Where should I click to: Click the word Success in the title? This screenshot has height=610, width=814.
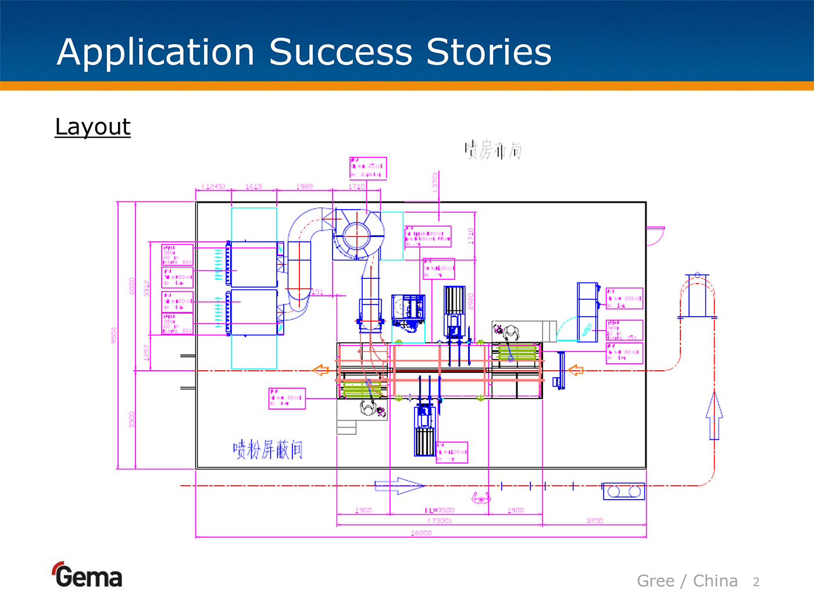point(341,52)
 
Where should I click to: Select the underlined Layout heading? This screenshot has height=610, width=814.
point(93,127)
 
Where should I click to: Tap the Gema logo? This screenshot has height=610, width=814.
point(87,575)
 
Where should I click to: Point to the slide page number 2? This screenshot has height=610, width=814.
point(756,582)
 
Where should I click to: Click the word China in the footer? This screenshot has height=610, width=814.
point(715,581)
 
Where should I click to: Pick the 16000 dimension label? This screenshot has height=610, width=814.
point(421,533)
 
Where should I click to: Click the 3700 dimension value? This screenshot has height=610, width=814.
point(594,521)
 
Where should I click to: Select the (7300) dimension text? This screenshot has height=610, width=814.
point(440,521)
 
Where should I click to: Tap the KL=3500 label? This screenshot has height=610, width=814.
point(440,510)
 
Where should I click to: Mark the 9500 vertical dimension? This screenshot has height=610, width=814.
point(114,335)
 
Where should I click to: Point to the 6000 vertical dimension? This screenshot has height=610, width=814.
point(132,286)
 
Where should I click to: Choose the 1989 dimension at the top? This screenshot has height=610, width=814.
point(304,186)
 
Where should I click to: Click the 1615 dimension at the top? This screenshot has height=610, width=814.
point(254,186)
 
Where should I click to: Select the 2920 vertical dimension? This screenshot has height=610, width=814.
point(471,301)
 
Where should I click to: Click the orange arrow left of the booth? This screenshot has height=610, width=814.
point(321,370)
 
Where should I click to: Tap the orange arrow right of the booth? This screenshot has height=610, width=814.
point(576,370)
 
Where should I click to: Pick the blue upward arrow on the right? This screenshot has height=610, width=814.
point(714,415)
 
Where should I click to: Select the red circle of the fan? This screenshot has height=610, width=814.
point(356,236)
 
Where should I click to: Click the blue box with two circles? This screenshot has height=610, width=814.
point(623,491)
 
